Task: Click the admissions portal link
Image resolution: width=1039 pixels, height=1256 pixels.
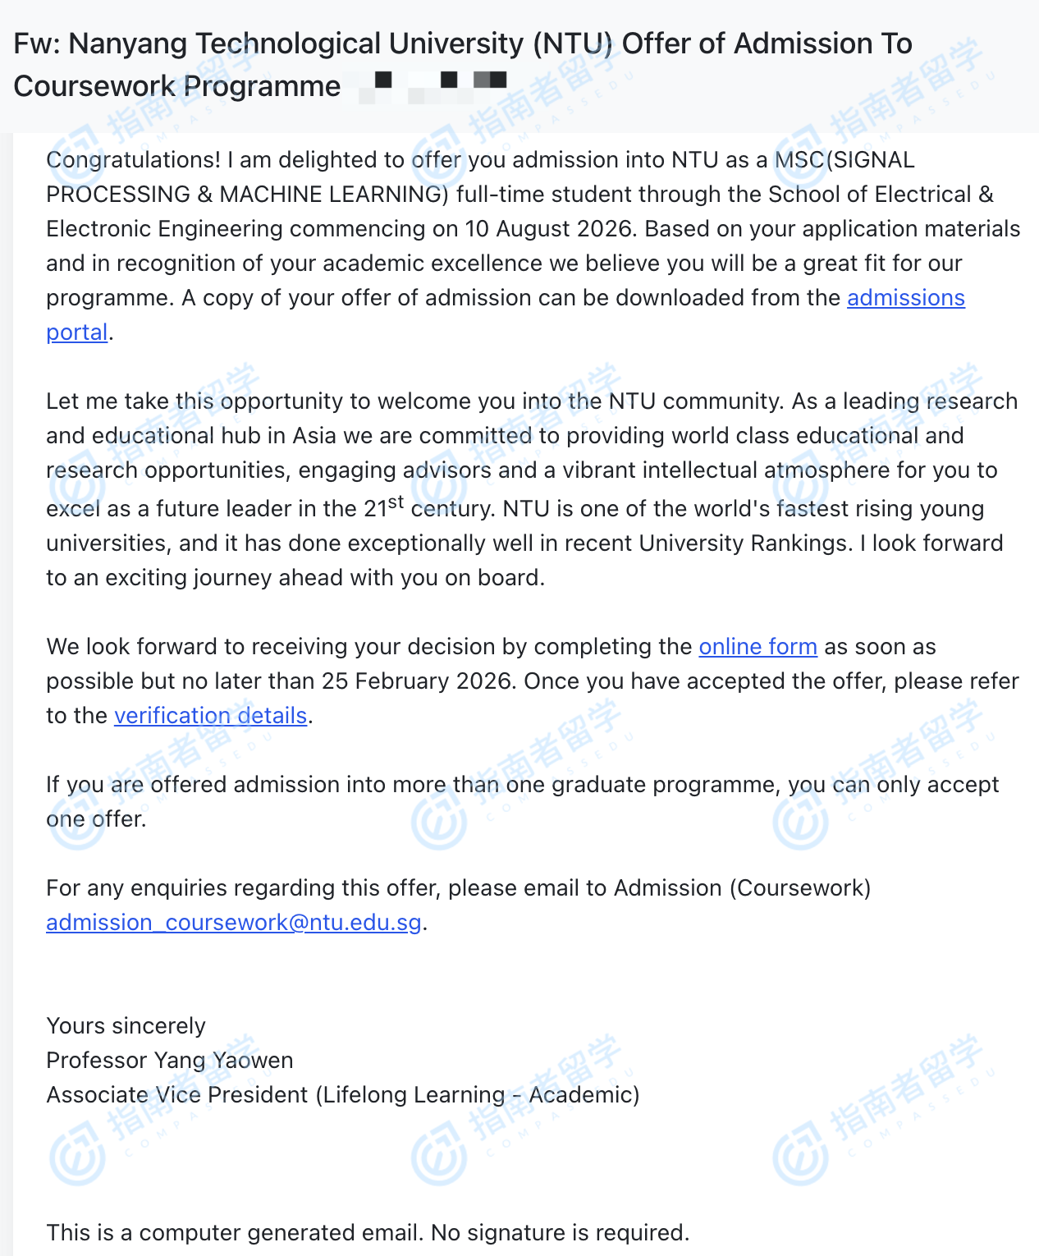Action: click(905, 298)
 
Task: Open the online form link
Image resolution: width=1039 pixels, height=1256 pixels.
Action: click(758, 647)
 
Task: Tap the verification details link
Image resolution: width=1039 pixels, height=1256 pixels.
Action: click(210, 716)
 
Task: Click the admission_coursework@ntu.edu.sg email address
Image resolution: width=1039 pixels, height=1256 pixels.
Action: click(234, 923)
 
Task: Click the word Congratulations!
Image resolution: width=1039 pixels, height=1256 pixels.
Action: click(133, 160)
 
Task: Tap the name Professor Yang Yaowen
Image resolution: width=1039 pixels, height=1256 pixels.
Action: click(169, 1061)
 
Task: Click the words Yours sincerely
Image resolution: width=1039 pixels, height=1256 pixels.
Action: click(126, 1026)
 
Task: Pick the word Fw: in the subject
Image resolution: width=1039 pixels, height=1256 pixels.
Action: click(34, 44)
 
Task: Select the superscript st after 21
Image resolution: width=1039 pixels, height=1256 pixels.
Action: click(396, 502)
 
